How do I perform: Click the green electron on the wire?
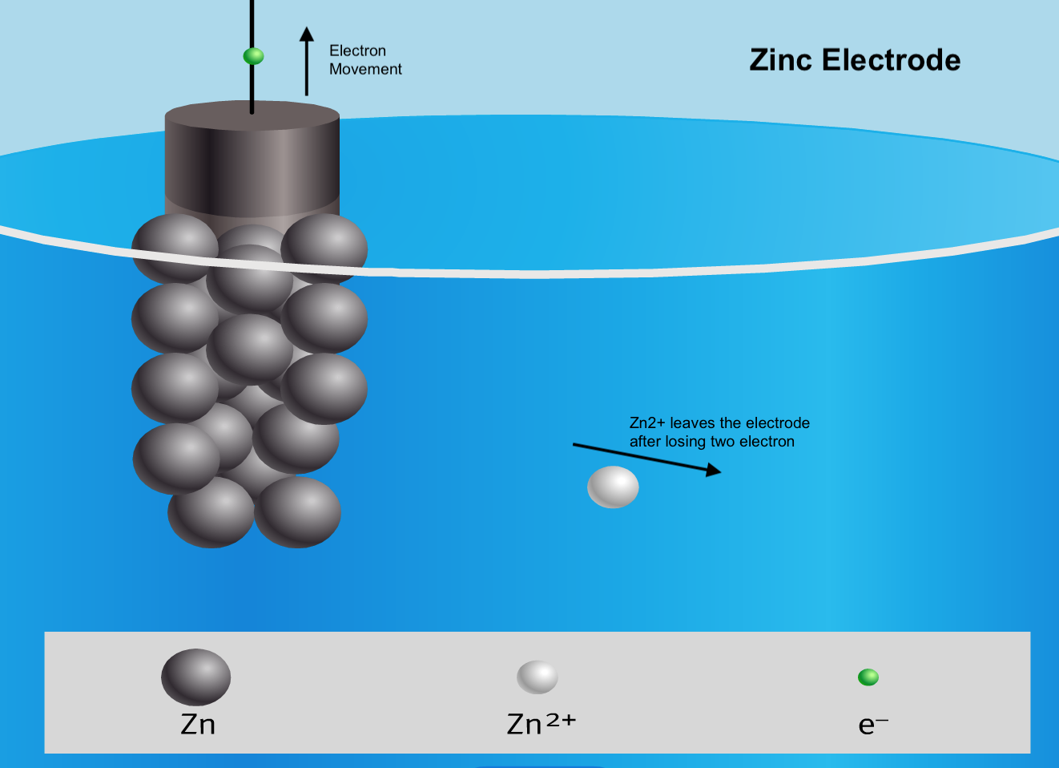point(253,56)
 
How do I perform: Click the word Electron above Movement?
point(357,51)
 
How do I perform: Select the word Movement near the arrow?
point(365,69)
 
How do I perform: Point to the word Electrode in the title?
point(891,60)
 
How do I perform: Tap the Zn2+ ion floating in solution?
point(613,487)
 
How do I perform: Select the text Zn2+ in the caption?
point(647,422)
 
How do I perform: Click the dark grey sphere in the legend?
point(195,677)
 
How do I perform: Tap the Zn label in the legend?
point(198,724)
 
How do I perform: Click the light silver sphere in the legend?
point(537,677)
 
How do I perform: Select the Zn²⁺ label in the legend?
point(542,723)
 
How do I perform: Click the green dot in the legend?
point(868,677)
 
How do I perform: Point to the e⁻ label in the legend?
point(872,725)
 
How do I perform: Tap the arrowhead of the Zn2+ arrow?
point(713,471)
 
